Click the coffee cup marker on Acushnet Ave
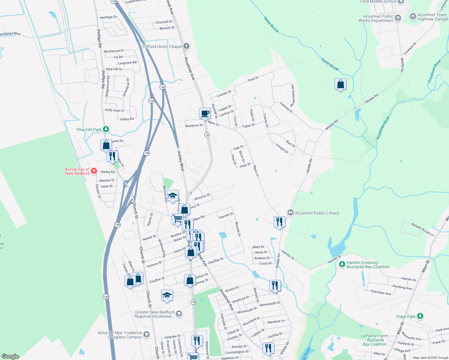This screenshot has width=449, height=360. (x=205, y=114)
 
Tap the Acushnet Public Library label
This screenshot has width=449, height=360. (x=317, y=213)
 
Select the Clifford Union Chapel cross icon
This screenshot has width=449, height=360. (x=186, y=46)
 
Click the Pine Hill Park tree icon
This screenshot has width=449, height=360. (x=106, y=129)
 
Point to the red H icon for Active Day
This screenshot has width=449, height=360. (x=94, y=171)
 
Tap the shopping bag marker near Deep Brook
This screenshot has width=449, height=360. (x=340, y=84)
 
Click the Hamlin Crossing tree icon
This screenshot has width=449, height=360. (x=342, y=264)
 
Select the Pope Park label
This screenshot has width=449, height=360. (x=406, y=316)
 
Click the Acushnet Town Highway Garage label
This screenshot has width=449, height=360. (x=432, y=17)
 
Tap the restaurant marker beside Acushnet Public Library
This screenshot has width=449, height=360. (x=279, y=222)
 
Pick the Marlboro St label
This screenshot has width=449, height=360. (x=194, y=126)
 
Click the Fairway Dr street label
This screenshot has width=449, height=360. (x=286, y=107)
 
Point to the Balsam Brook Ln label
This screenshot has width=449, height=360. (x=422, y=229)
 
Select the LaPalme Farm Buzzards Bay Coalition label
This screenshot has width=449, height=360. (x=375, y=340)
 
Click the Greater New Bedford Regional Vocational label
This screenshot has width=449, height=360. (x=154, y=314)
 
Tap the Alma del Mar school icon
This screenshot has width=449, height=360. (x=146, y=334)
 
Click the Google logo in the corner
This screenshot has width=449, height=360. (x=10, y=356)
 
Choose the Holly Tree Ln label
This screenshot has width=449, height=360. (x=114, y=110)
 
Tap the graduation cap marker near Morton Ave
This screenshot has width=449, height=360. (x=173, y=196)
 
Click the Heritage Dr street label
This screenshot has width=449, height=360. (x=108, y=17)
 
